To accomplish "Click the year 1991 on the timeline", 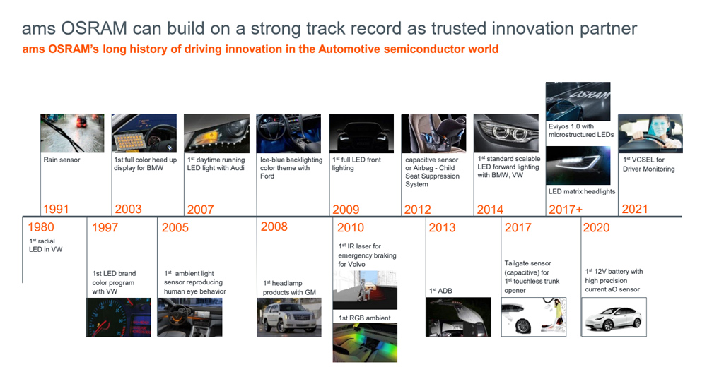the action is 56,210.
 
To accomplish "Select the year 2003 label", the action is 128,210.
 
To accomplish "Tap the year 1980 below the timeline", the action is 40,227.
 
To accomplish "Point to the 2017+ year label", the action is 566,210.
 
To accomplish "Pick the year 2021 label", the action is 634,210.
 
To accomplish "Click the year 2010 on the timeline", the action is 351,228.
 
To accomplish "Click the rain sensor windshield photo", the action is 72,133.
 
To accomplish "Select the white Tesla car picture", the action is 614,317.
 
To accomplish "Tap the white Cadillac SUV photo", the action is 289,317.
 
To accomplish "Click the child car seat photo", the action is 434,133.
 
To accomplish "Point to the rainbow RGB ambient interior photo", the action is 366,343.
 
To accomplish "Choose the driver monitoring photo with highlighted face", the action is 650,133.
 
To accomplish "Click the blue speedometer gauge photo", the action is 119,317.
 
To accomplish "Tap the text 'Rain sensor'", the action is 62,160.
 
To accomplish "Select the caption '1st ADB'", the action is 440,291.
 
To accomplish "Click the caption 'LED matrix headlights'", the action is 582,191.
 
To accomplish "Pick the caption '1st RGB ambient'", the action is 365,318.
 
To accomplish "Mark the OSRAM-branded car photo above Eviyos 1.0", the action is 578,102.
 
